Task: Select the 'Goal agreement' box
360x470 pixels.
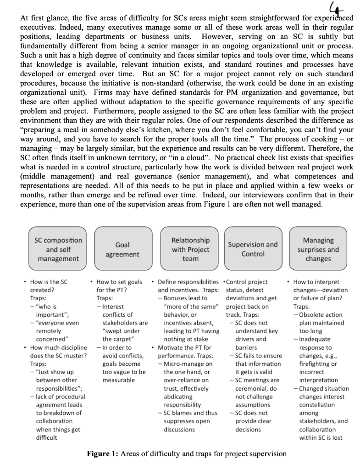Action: coord(121,249)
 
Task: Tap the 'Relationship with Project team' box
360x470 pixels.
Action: coord(191,249)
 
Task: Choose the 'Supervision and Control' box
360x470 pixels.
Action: coord(253,249)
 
